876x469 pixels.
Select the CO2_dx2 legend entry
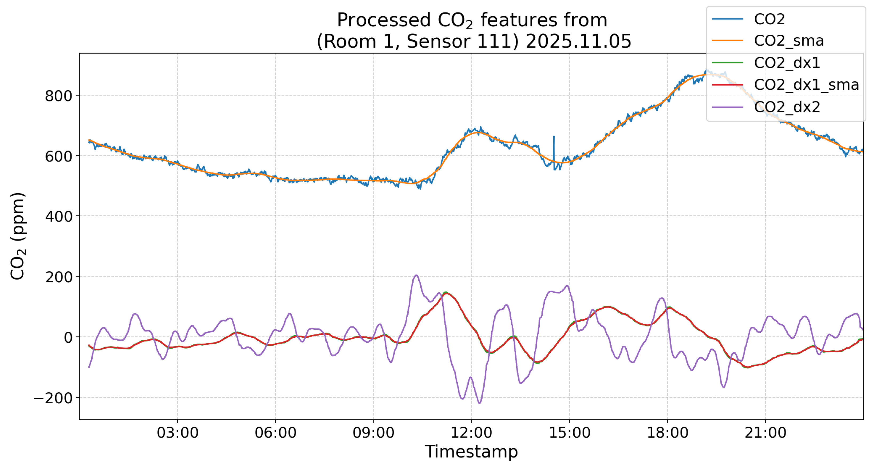point(787,107)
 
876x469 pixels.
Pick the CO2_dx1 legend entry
point(787,63)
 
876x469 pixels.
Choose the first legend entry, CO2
point(769,19)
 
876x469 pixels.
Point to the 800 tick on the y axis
point(58,96)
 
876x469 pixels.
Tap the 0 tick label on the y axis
point(68,337)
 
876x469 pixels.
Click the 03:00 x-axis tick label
point(177,433)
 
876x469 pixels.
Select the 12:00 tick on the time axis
point(471,433)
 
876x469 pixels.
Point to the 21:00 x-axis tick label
point(765,433)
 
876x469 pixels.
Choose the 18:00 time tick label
point(668,433)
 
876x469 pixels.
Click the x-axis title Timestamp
point(471,452)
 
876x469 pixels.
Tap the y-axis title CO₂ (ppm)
point(18,236)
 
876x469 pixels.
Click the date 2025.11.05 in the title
point(578,41)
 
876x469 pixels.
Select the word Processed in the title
point(384,20)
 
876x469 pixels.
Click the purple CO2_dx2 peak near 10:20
point(416,275)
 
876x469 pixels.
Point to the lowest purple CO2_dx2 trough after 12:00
point(479,403)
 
